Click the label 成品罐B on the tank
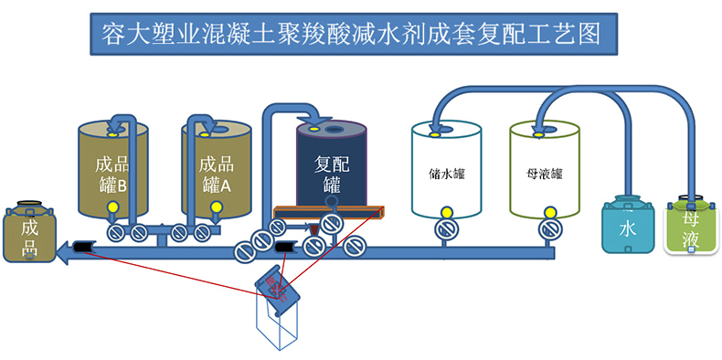tap(112, 175)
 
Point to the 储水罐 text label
tap(446, 173)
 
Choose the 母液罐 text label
tap(545, 173)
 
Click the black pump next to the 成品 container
tap(83, 248)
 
